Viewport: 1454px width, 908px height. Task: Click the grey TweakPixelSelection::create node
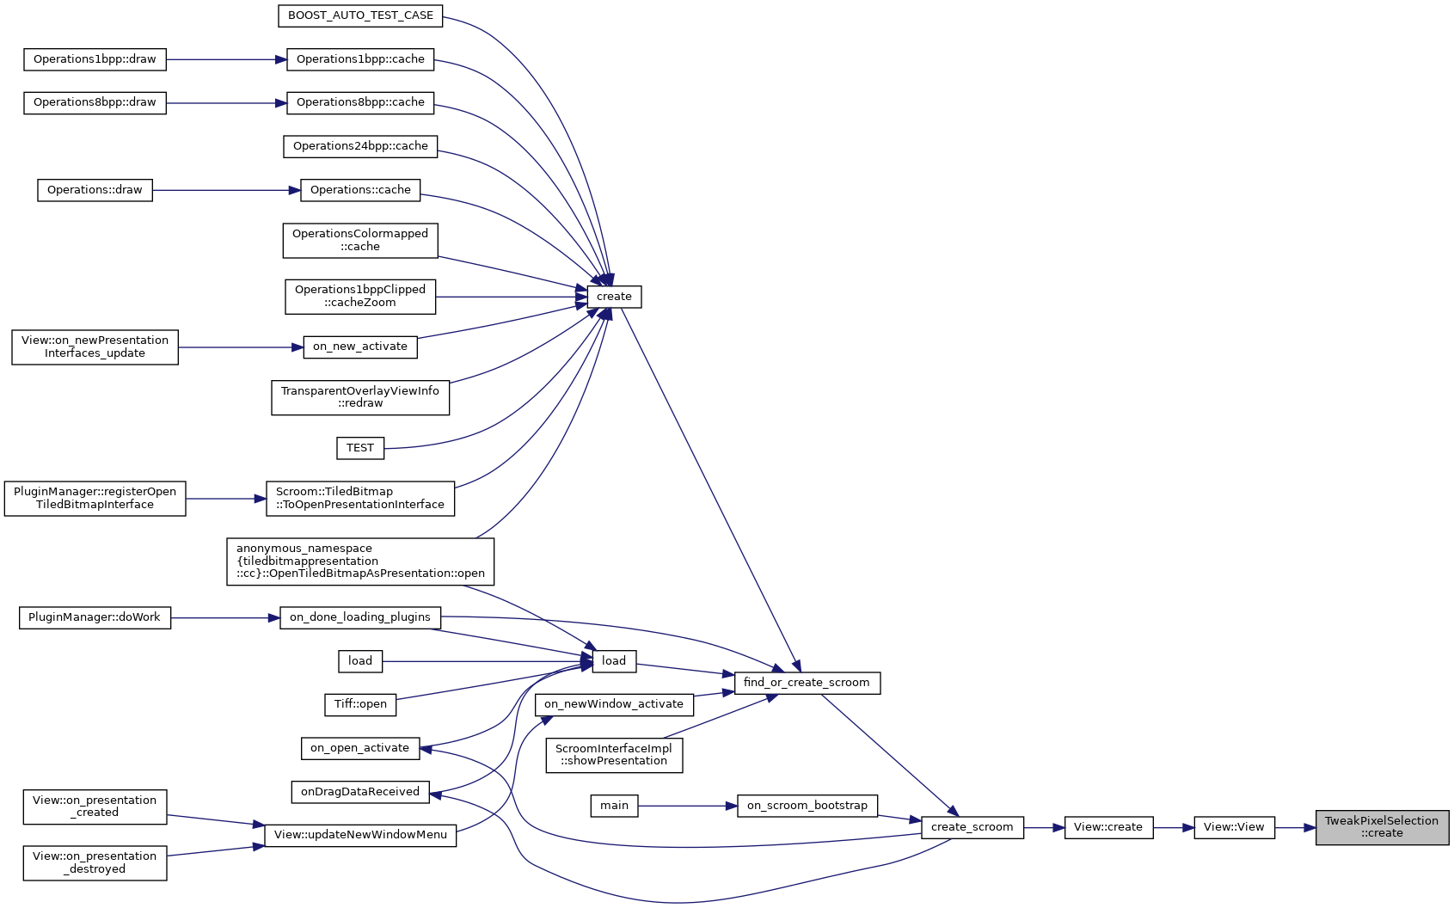(x=1382, y=827)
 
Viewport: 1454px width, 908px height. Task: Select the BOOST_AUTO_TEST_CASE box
(x=360, y=15)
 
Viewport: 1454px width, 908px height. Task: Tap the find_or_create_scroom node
(x=807, y=683)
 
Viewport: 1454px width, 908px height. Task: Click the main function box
(x=614, y=806)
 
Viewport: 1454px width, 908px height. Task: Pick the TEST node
(x=360, y=448)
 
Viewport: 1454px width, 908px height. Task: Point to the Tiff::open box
(x=360, y=704)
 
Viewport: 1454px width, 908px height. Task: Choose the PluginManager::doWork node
(x=95, y=617)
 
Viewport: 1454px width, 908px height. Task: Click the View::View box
(x=1234, y=827)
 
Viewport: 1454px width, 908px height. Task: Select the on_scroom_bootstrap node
(x=807, y=806)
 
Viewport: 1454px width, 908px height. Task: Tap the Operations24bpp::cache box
(x=360, y=146)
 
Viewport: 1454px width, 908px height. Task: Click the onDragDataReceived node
(x=360, y=792)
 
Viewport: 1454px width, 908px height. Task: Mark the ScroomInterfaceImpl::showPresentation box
(x=614, y=755)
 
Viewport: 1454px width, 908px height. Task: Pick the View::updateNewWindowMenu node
(x=360, y=835)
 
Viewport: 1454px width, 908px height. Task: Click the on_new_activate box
(x=360, y=347)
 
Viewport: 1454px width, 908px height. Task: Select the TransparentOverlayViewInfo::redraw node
(x=360, y=397)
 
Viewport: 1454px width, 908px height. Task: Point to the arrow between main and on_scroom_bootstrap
(x=687, y=806)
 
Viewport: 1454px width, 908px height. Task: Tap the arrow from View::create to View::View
(x=1173, y=827)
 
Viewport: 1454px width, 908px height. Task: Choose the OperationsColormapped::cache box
(x=360, y=240)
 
